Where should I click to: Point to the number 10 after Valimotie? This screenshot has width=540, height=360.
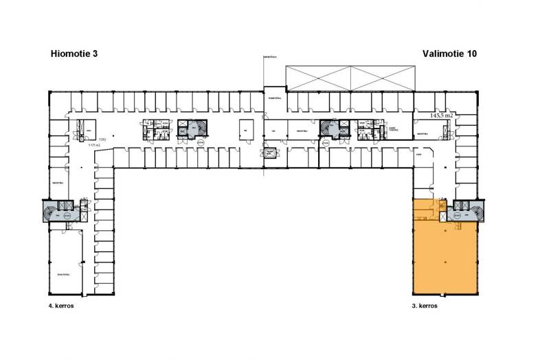tap(471, 53)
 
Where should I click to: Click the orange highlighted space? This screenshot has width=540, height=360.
tap(445, 258)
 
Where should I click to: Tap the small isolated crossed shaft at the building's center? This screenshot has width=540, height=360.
tap(271, 153)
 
